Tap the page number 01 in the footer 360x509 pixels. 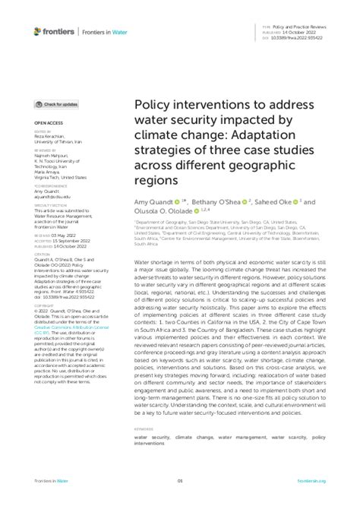(x=180, y=501)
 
